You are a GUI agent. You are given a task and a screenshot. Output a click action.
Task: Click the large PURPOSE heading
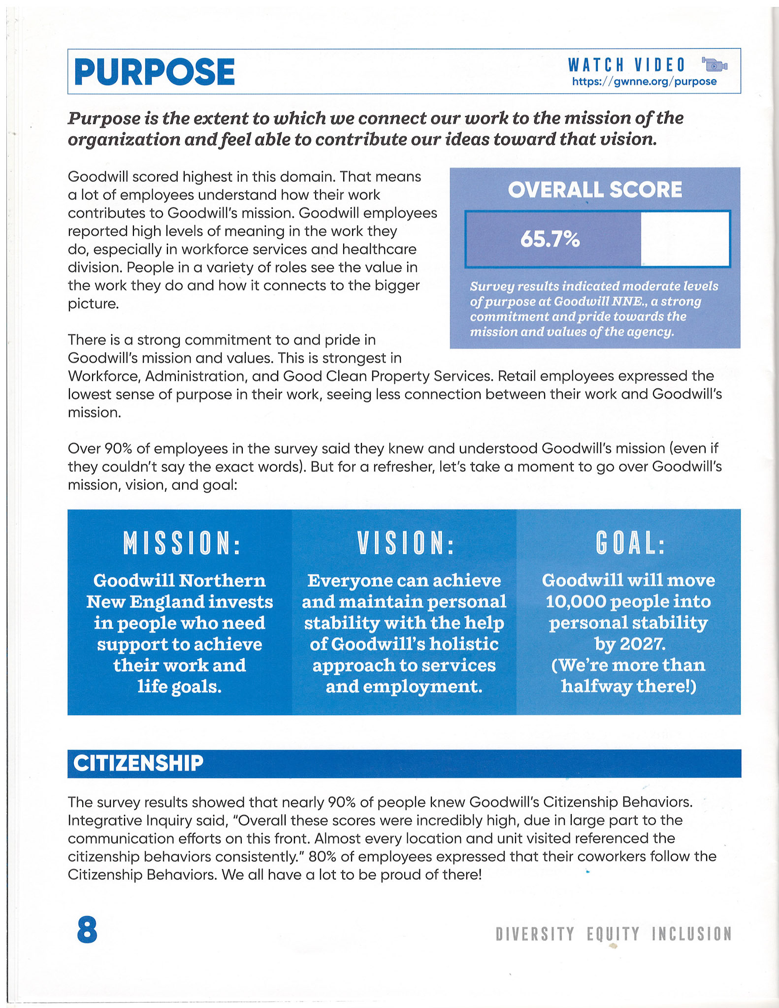click(x=154, y=72)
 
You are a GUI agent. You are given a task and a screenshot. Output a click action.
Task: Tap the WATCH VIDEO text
click(x=626, y=65)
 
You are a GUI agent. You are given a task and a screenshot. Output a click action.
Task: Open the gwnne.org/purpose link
click(x=644, y=82)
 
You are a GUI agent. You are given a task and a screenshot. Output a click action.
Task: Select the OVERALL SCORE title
click(x=595, y=190)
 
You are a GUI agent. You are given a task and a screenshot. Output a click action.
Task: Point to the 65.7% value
click(x=550, y=239)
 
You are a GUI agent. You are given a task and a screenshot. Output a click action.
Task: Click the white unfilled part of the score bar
click(x=684, y=239)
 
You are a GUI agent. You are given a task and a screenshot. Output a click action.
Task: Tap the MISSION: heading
click(x=182, y=543)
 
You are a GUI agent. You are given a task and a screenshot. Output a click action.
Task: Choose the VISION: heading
click(x=405, y=543)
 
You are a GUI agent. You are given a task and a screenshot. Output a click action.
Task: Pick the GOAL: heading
click(x=630, y=543)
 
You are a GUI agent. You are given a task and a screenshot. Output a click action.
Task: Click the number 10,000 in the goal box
click(x=573, y=601)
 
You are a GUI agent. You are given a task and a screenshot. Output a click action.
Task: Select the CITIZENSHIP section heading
click(x=138, y=763)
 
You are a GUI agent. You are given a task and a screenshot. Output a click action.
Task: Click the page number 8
click(x=87, y=930)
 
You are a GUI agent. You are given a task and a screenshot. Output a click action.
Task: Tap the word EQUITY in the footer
click(x=613, y=934)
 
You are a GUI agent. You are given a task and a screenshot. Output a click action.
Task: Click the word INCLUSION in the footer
click(x=692, y=934)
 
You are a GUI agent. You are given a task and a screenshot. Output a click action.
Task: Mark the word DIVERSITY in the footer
click(x=535, y=934)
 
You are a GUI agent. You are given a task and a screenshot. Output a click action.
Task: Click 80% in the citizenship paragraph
click(x=322, y=857)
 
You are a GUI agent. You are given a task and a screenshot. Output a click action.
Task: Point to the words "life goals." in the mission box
click(x=180, y=687)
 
